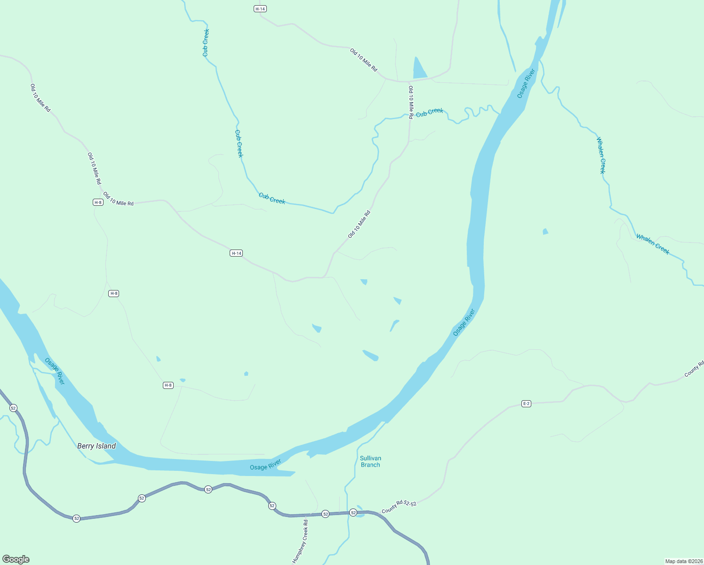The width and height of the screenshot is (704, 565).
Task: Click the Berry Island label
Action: point(96,446)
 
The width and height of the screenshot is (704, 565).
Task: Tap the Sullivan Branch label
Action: point(370,461)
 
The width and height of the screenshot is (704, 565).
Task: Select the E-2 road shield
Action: point(526,404)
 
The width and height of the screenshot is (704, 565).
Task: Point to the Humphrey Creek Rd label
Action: point(300,541)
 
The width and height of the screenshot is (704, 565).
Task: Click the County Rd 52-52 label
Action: point(399,507)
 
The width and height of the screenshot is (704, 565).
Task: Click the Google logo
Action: point(16,559)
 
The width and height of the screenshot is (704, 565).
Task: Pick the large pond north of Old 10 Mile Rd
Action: point(419,69)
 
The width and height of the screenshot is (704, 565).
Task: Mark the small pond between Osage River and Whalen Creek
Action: point(545,231)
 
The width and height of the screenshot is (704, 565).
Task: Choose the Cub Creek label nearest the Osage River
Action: point(430,113)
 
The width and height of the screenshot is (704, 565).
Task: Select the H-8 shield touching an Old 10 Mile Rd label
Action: point(98,202)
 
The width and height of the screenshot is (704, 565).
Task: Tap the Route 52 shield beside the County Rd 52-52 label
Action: point(353,512)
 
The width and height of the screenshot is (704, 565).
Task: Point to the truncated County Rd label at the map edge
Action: point(694,369)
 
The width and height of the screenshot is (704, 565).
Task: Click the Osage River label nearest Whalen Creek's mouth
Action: point(526,83)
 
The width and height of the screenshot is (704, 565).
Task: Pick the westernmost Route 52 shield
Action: point(13,408)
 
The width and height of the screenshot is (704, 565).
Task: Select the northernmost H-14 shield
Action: point(260,9)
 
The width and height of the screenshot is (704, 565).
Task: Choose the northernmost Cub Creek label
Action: point(206,43)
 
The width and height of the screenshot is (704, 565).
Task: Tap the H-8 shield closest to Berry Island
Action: point(168,385)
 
